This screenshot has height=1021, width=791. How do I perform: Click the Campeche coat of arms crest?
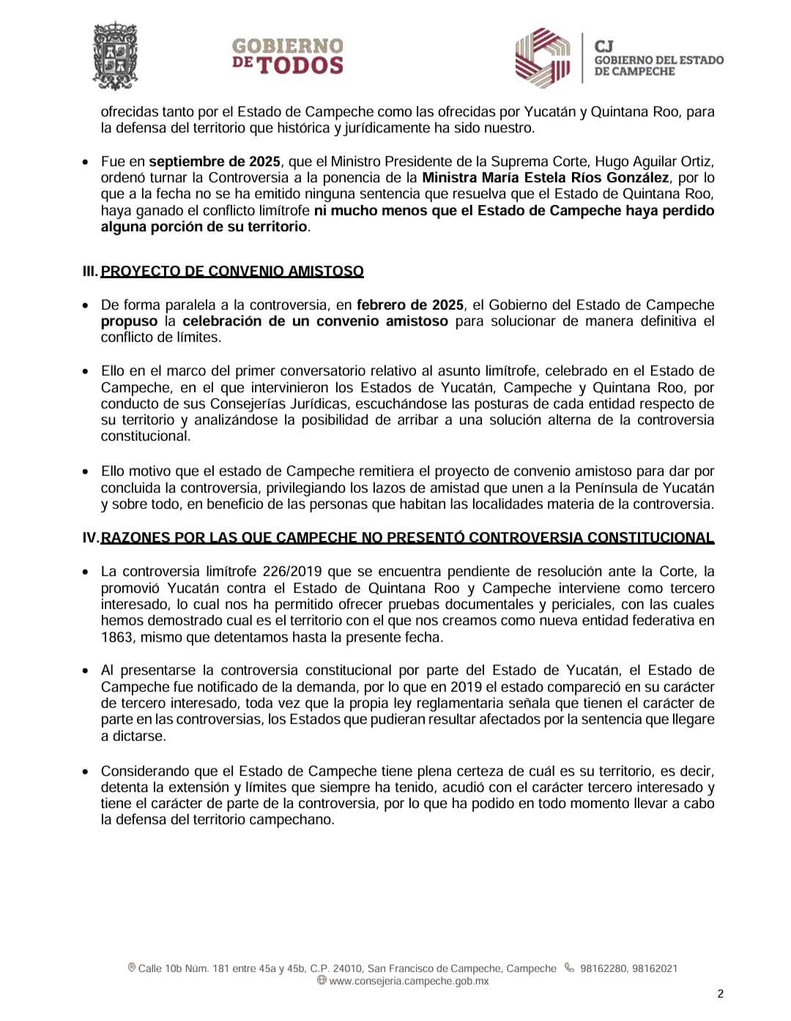click(115, 56)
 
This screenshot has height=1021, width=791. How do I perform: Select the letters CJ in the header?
click(605, 45)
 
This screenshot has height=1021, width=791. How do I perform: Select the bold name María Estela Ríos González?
click(546, 178)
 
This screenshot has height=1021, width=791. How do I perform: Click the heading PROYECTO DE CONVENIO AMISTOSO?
click(232, 271)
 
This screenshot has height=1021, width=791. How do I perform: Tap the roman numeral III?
click(89, 271)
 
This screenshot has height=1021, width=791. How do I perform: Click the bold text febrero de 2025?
click(410, 304)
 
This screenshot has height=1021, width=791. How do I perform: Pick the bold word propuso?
click(129, 321)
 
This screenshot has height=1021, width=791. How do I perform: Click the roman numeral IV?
click(90, 538)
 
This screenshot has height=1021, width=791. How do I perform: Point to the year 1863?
click(116, 637)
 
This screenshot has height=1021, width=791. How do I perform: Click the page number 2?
click(721, 993)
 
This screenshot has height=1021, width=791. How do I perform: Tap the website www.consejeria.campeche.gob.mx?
click(409, 981)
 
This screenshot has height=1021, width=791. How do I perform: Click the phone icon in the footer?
click(569, 968)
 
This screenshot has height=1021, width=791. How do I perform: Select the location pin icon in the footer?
click(132, 968)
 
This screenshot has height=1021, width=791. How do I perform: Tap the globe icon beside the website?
click(322, 981)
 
